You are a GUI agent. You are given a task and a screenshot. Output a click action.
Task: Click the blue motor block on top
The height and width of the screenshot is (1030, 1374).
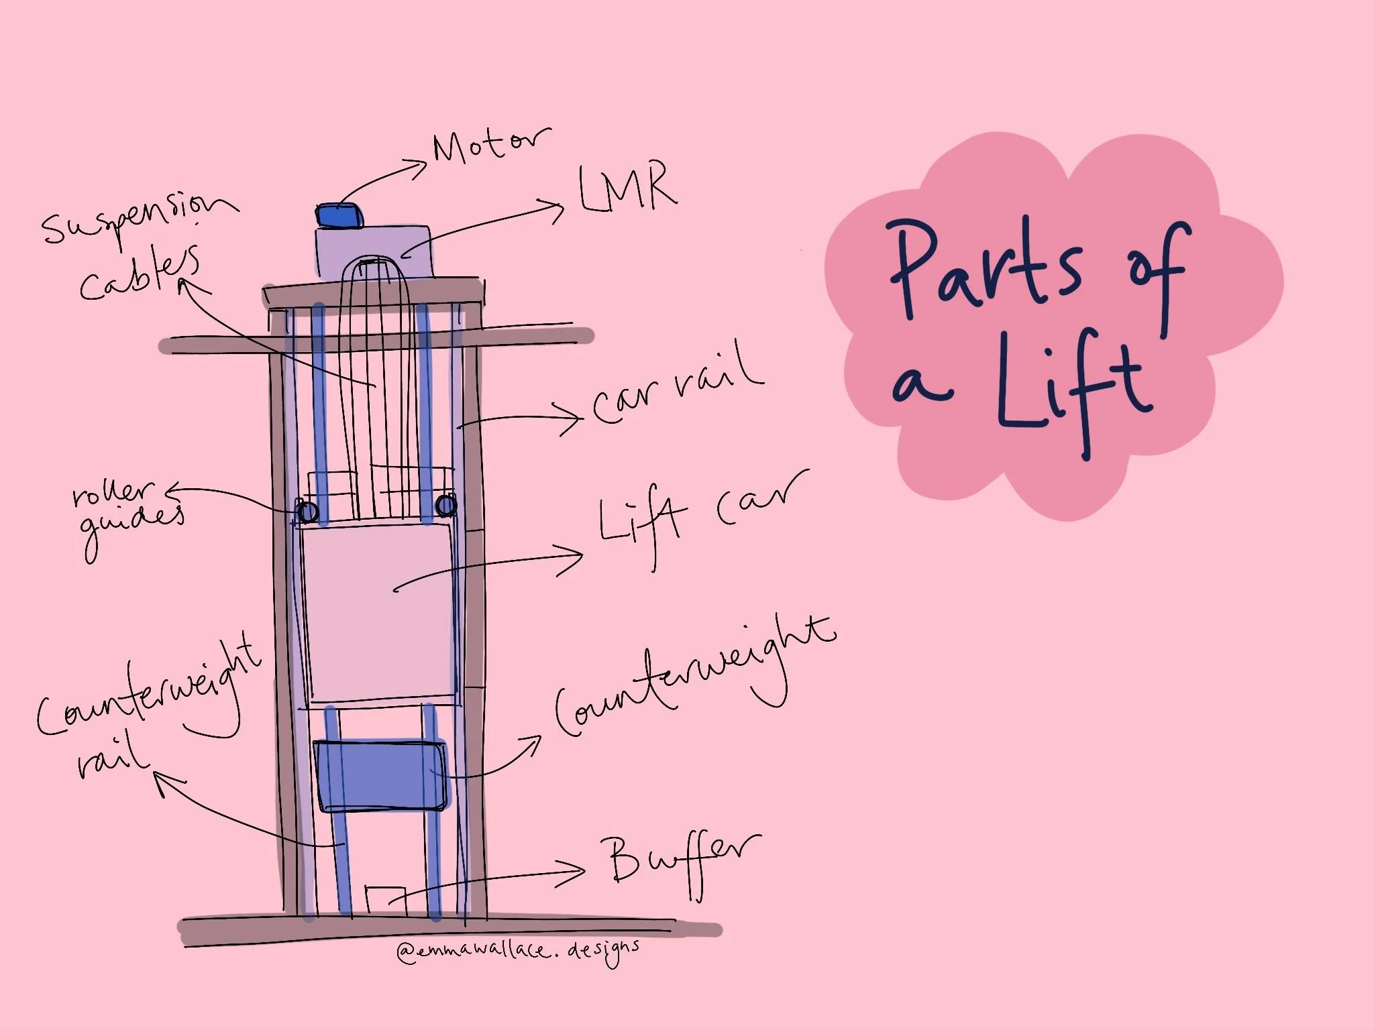(x=340, y=215)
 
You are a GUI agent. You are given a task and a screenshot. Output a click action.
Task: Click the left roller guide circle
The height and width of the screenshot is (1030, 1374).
(x=308, y=512)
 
